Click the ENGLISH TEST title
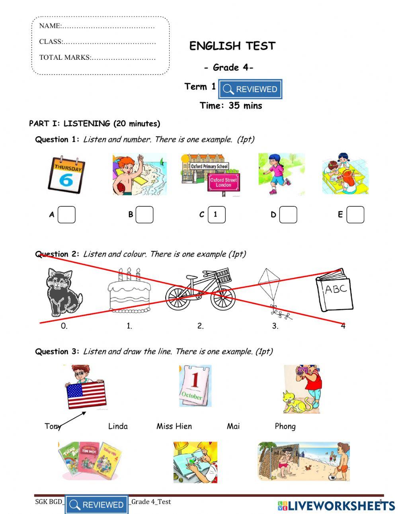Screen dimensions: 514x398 click(232, 46)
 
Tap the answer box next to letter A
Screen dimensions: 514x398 click(66, 215)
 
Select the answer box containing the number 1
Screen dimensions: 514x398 click(217, 215)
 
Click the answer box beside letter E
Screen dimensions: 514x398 click(355, 215)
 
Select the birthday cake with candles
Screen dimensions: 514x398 click(129, 293)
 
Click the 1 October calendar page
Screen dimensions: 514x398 click(195, 385)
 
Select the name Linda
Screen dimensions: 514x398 click(118, 426)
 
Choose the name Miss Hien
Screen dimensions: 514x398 click(174, 426)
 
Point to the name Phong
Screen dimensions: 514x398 click(285, 426)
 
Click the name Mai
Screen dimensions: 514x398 click(233, 426)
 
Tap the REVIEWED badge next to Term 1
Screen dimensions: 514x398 click(250, 89)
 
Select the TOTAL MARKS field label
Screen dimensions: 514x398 click(65, 57)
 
